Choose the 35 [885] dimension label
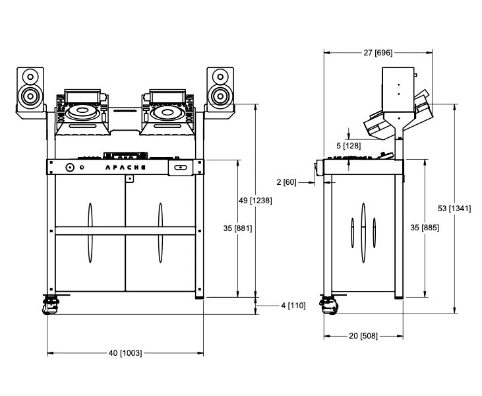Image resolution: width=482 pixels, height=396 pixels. pos(425,227)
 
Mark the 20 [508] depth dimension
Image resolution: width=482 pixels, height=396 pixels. pos(363,336)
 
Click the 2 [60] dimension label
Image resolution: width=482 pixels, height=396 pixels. pos(287,181)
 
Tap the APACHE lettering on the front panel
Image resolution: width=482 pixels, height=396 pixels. pos(127,168)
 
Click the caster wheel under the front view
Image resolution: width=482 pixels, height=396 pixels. pos(50,306)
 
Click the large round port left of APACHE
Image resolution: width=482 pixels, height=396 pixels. pos(69,168)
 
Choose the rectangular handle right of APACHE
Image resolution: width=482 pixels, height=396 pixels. pos(179,168)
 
